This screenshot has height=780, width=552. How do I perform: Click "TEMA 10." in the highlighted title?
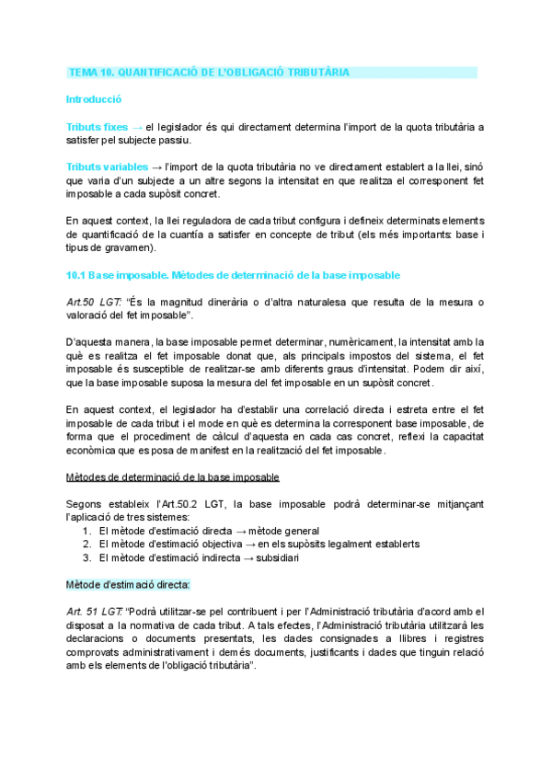[90, 72]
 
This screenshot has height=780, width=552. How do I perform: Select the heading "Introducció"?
[94, 98]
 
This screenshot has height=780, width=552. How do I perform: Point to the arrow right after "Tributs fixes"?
[137, 126]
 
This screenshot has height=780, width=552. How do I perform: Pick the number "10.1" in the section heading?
[75, 275]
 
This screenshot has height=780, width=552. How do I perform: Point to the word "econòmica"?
[95, 451]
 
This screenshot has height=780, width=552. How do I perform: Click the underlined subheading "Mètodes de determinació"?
[173, 477]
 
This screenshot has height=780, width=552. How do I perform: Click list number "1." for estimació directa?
[87, 531]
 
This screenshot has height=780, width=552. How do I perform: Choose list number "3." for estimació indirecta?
[87, 557]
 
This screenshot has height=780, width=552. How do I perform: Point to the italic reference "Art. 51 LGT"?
[96, 612]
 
